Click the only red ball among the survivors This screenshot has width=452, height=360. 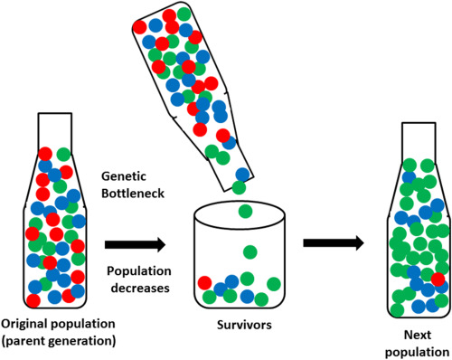(206, 283)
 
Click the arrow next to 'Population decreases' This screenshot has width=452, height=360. (133, 243)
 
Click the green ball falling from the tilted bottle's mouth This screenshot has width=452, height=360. (238, 187)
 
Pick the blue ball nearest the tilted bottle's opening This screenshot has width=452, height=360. (242, 174)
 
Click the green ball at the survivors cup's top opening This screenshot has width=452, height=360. (245, 213)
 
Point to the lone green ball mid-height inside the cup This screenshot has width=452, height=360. (250, 251)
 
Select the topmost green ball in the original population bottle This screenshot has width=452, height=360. (63, 155)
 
